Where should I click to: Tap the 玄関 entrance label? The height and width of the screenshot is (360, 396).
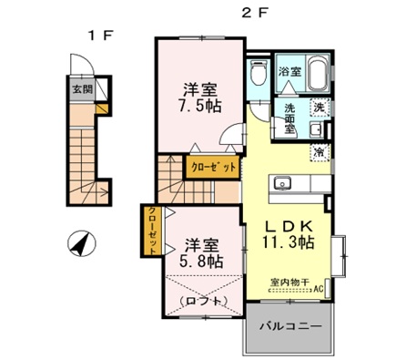pyautogui.click(x=82, y=89)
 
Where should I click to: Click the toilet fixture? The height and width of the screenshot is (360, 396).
pyautogui.click(x=259, y=76)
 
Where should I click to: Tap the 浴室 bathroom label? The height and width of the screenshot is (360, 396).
pyautogui.click(x=289, y=70)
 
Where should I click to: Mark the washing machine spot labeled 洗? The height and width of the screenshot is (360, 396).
pyautogui.click(x=319, y=108)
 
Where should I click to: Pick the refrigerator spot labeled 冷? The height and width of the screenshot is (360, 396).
pyautogui.click(x=319, y=151)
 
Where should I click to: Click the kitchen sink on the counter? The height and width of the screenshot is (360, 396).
pyautogui.click(x=281, y=180)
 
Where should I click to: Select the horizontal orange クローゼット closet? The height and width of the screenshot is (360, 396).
pyautogui.click(x=214, y=167)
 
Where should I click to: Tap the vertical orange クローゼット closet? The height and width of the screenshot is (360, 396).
pyautogui.click(x=150, y=230)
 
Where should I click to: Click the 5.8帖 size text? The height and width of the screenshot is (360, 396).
pyautogui.click(x=201, y=262)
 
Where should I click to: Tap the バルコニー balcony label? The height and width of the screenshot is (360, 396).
pyautogui.click(x=289, y=325)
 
